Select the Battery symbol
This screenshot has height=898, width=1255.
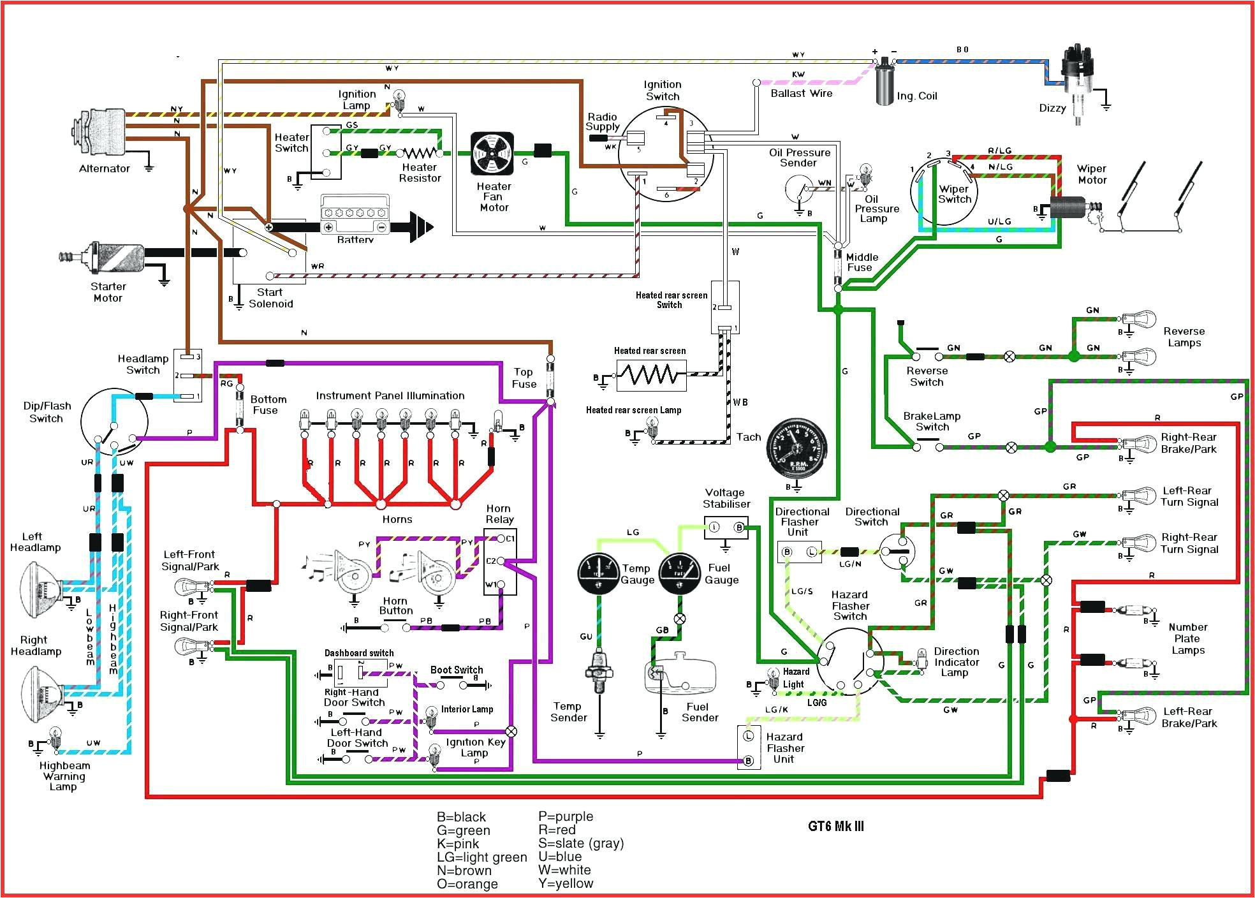pyautogui.click(x=355, y=216)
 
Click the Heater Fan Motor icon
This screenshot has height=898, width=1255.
pyautogui.click(x=492, y=154)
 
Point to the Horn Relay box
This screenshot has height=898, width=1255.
pyautogui.click(x=500, y=562)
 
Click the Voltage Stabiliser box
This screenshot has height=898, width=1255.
pyautogui.click(x=726, y=528)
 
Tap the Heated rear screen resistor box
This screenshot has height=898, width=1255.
pyautogui.click(x=651, y=375)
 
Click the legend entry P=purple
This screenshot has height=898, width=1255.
pyautogui.click(x=566, y=816)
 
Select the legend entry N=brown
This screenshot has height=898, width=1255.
pyautogui.click(x=464, y=871)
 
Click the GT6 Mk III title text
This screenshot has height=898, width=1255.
pyautogui.click(x=836, y=827)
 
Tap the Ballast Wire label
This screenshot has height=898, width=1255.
pyautogui.click(x=802, y=93)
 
